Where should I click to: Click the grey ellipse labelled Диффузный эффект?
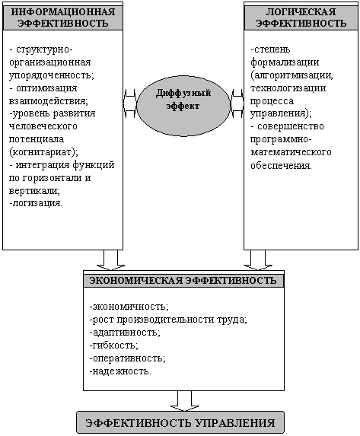click(x=183, y=106)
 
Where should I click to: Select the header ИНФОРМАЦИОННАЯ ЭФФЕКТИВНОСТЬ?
click(x=63, y=18)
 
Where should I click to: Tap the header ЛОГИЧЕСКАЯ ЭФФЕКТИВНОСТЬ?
click(x=301, y=18)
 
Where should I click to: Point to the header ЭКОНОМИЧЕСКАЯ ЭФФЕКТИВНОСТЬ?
click(x=183, y=281)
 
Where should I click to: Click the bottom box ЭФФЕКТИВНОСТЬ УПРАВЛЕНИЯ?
click(x=180, y=423)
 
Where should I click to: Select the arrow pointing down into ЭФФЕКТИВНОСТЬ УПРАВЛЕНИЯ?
click(x=184, y=401)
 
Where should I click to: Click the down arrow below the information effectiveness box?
click(x=110, y=260)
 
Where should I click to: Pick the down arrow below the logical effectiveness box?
click(x=258, y=260)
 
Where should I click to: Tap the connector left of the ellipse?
click(x=129, y=103)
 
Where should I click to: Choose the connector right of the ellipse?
click(x=237, y=103)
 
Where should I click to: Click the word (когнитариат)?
click(x=43, y=152)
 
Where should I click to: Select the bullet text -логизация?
click(x=36, y=203)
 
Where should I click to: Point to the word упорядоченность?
click(x=52, y=75)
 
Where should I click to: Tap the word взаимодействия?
click(x=48, y=100)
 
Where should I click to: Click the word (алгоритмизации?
click(x=292, y=75)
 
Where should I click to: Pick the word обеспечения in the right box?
click(x=281, y=166)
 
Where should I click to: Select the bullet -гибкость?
click(x=114, y=345)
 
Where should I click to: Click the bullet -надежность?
click(x=120, y=371)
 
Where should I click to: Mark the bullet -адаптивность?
click(x=125, y=333)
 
